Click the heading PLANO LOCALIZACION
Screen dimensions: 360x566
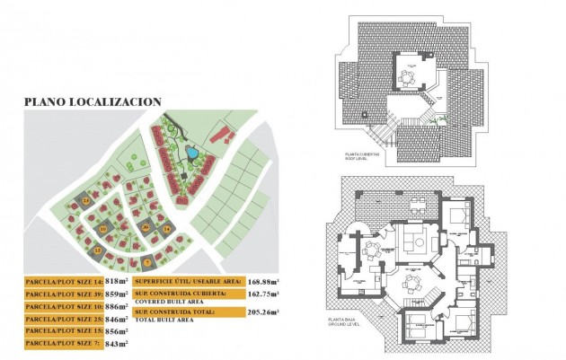point(93,102)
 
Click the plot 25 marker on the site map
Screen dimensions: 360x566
point(86,201)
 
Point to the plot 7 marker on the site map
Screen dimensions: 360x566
point(147,261)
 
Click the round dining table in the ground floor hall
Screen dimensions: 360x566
point(411,280)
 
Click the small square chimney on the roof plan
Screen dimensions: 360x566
point(364,115)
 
